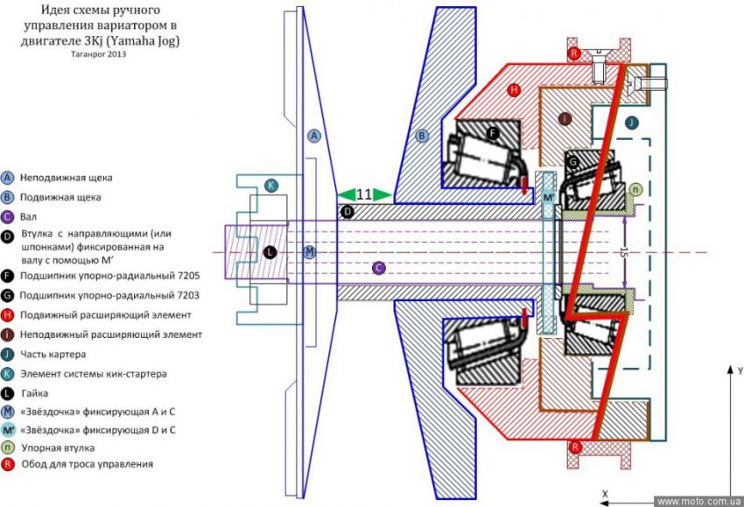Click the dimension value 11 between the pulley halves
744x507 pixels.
coord(363,194)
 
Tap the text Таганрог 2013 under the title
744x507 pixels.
coord(95,53)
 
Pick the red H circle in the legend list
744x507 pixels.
coord(8,313)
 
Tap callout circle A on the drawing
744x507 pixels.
coord(315,136)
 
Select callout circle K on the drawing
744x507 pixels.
coord(271,186)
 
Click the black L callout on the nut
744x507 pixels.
coord(270,252)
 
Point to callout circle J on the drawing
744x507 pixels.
coord(633,123)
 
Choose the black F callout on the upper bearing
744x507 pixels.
coord(494,134)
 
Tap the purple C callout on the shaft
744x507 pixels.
coord(378,268)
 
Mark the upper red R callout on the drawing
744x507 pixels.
coord(574,54)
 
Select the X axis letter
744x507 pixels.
coord(604,495)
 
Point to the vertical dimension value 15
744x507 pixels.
coord(624,253)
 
